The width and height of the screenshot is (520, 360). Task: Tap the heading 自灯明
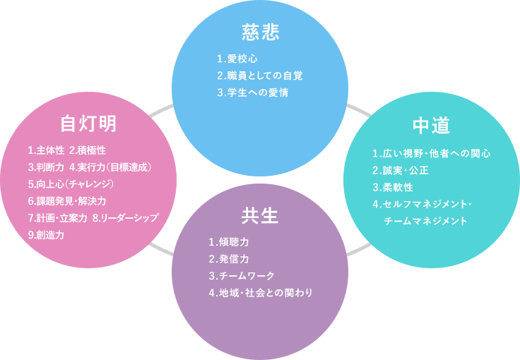(x=88, y=124)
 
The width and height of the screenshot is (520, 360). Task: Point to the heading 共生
(x=259, y=216)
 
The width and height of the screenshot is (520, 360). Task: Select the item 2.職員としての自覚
(x=260, y=75)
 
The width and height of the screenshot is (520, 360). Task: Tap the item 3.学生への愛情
(x=252, y=92)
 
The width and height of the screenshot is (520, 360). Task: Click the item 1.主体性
(x=46, y=150)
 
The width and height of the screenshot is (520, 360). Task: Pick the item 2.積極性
(x=88, y=150)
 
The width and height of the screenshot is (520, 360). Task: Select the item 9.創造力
(x=46, y=235)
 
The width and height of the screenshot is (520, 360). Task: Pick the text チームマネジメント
(x=425, y=221)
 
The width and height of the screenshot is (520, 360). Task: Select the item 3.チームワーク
(x=242, y=275)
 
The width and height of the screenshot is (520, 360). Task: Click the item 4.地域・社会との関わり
(x=260, y=292)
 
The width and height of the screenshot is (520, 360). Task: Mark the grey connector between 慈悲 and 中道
(x=358, y=109)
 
